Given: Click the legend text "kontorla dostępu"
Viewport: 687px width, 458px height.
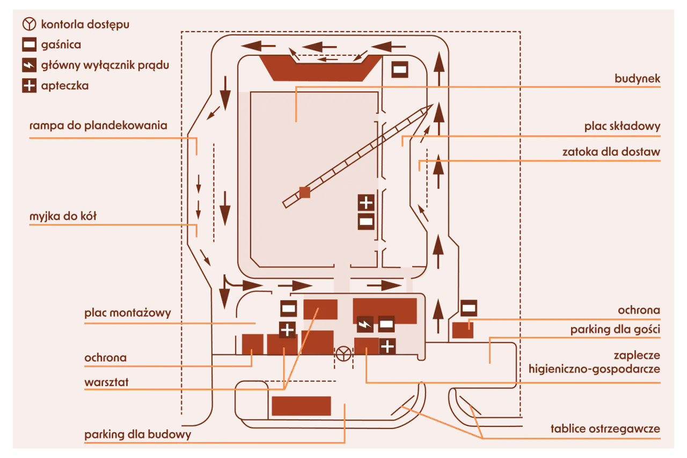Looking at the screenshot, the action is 85,25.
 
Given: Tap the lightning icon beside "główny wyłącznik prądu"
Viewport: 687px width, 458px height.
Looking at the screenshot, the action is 29,65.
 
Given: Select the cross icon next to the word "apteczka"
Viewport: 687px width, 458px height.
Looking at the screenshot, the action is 29,85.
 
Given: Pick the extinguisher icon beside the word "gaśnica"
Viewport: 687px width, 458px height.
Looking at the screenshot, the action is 29,45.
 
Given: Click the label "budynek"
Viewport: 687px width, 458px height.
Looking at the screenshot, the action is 637,79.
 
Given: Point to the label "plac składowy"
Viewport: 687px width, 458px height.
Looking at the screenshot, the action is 622,126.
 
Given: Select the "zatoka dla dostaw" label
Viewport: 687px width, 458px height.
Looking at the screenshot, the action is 611,152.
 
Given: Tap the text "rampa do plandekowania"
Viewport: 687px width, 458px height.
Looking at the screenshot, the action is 98,126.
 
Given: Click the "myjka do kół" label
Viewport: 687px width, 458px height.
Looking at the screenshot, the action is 63,216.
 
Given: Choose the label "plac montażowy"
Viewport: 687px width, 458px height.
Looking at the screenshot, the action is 128,313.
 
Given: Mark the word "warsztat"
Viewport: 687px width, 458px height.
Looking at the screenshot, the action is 106,382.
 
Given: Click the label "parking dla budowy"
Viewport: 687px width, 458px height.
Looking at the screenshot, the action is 138,434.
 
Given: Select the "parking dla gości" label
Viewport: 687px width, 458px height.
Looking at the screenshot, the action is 615,330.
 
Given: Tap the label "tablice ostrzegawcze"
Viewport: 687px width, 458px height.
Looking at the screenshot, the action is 605,429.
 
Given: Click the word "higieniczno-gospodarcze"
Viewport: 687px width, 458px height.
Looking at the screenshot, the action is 594,369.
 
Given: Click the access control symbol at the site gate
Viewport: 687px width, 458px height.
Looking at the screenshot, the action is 343,354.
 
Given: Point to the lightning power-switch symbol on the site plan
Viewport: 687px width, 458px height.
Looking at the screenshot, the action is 365,324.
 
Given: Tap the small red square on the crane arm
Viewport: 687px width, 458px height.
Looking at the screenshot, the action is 304,193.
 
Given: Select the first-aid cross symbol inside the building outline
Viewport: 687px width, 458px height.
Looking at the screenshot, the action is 366,203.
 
